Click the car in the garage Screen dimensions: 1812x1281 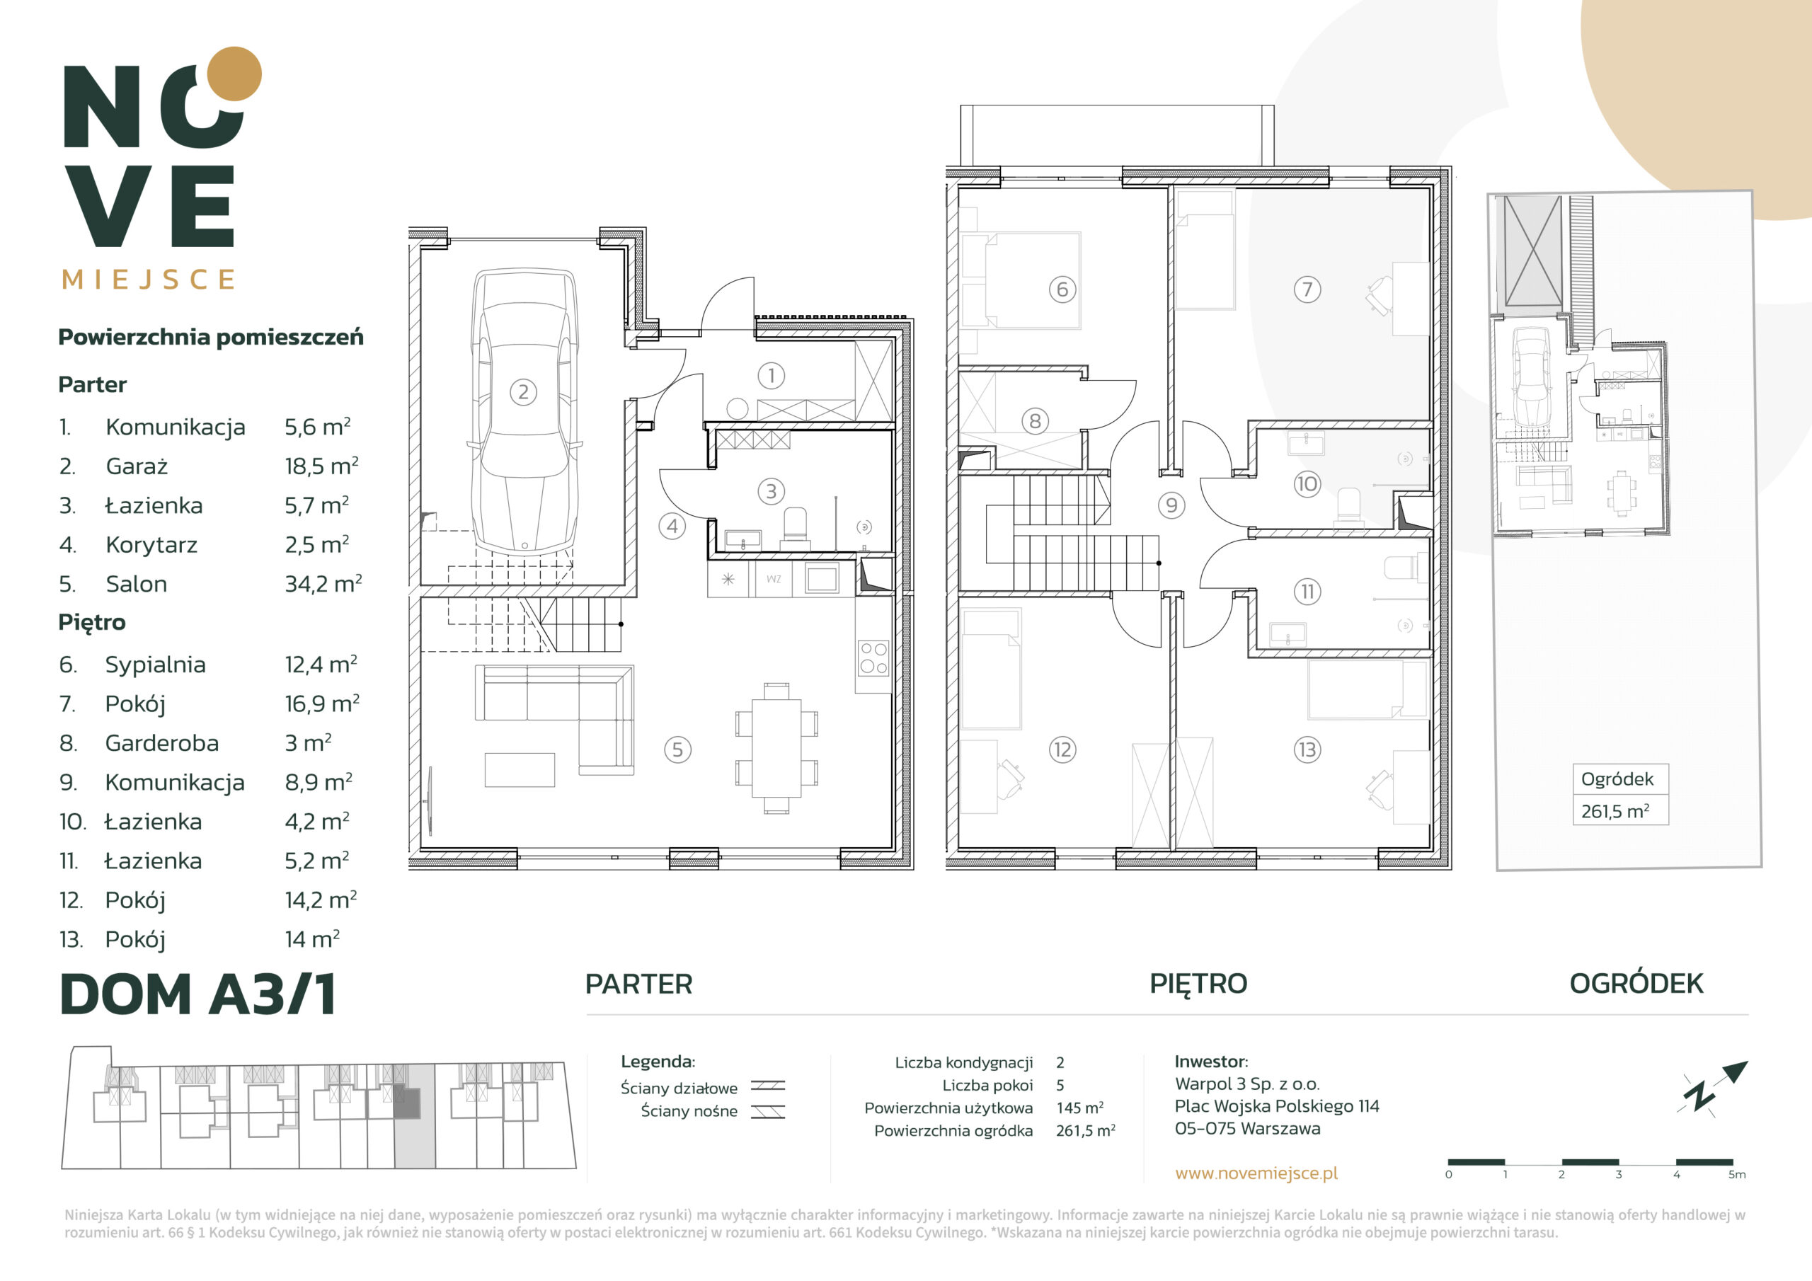pyautogui.click(x=523, y=412)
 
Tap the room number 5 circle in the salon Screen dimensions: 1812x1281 pyautogui.click(x=677, y=749)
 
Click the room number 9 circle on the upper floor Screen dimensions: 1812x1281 pyautogui.click(x=1171, y=505)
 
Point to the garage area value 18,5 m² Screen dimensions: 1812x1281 pyautogui.click(x=321, y=466)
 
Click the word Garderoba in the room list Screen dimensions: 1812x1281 pyautogui.click(x=162, y=742)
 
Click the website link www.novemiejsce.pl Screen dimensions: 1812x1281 pyautogui.click(x=1256, y=1173)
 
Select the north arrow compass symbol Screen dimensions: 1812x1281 pyautogui.click(x=1714, y=1088)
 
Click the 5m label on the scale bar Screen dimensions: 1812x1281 pyautogui.click(x=1736, y=1174)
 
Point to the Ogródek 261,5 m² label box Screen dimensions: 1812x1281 pyautogui.click(x=1620, y=794)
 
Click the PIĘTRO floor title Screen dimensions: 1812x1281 pyautogui.click(x=1198, y=984)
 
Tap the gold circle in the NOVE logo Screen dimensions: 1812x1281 pyautogui.click(x=234, y=74)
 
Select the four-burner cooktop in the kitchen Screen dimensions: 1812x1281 pyautogui.click(x=873, y=657)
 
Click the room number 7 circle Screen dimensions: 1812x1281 pyautogui.click(x=1307, y=289)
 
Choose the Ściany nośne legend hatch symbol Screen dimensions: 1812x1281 pyautogui.click(x=767, y=1112)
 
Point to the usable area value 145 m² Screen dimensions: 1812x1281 pyautogui.click(x=1079, y=1108)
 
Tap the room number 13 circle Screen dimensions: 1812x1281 pyautogui.click(x=1307, y=749)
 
